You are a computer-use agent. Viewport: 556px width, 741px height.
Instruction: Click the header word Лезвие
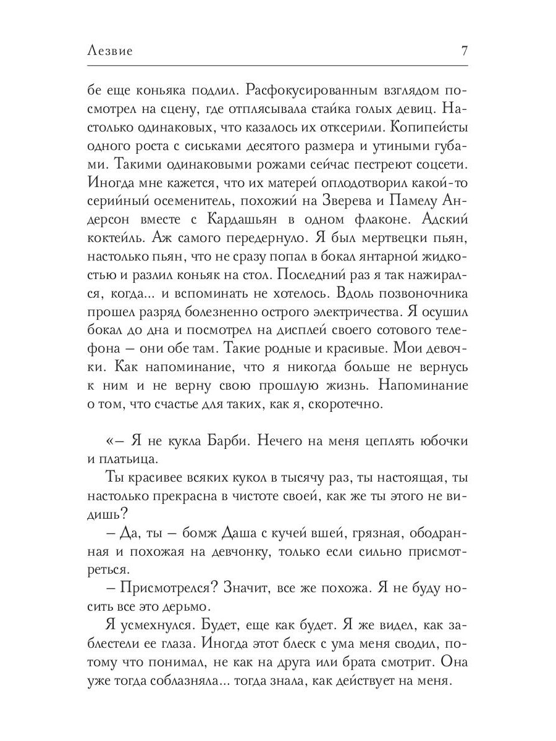click(111, 52)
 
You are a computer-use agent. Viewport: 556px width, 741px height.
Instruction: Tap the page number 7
click(464, 51)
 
